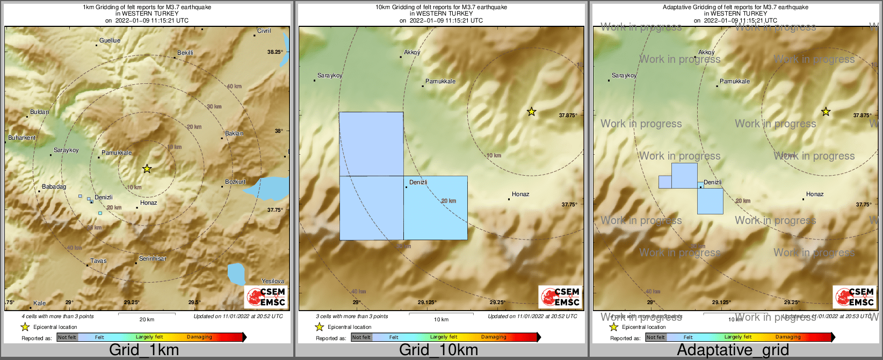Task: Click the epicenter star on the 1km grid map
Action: (x=147, y=169)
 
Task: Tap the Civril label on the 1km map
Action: (x=264, y=31)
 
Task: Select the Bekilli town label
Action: (x=185, y=53)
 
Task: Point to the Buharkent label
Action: (x=22, y=138)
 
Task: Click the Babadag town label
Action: (x=54, y=187)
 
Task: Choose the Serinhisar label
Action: (x=153, y=259)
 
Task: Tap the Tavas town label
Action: (x=98, y=261)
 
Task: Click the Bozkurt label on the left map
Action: (x=235, y=182)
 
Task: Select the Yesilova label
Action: (x=272, y=282)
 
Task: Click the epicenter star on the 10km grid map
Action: (x=531, y=112)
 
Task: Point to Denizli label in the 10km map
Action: (x=418, y=183)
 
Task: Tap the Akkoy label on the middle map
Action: (x=412, y=53)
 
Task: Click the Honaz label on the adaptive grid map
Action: (x=815, y=195)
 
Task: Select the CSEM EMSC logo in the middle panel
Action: (x=560, y=297)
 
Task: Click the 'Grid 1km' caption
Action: (x=144, y=350)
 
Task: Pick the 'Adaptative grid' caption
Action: (x=733, y=350)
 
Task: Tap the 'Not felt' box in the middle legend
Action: (x=361, y=337)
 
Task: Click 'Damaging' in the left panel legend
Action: (x=199, y=337)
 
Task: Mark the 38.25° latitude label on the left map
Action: (x=275, y=52)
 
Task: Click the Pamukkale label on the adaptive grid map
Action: (x=735, y=82)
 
